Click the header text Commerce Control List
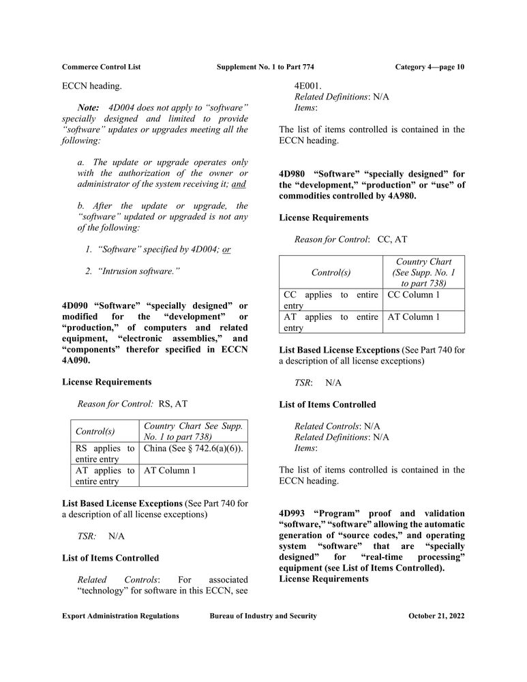click(101, 67)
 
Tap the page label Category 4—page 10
click(430, 67)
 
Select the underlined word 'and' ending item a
click(239, 184)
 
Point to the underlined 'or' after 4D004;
click(226, 250)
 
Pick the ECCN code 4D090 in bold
click(76, 305)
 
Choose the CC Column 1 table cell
click(414, 294)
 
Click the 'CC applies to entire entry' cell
click(330, 300)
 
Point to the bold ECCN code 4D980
click(293, 173)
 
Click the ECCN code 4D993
click(293, 513)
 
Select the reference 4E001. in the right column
click(308, 86)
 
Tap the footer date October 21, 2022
click(436, 616)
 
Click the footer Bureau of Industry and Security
click(263, 616)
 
